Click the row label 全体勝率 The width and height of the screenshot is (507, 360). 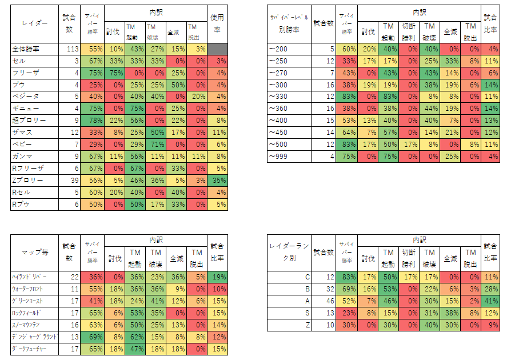coord(26,49)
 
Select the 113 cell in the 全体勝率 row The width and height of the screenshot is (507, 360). coord(73,49)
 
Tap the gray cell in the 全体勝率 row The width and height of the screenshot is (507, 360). coord(217,49)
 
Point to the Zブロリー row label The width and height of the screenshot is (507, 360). coord(27,181)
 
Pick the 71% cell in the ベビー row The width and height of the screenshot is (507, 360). coord(156,145)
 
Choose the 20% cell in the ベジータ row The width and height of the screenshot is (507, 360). coord(197,97)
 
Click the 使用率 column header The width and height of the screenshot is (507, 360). coord(217,23)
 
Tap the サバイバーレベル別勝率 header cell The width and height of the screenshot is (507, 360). coord(289,24)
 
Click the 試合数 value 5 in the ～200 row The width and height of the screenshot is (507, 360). coord(332,49)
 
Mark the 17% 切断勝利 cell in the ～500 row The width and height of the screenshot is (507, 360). coord(409,145)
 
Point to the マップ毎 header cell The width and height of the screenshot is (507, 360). coord(35,253)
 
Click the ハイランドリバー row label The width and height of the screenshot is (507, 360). coord(29,277)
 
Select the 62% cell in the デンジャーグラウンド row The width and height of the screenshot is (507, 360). coord(135,337)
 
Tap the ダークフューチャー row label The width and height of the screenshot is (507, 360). coord(29,349)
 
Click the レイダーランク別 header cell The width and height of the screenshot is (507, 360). coord(289,252)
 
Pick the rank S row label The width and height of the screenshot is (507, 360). coord(307,313)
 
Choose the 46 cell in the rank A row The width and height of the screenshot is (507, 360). coord(330,301)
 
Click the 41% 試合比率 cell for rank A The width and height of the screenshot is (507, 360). coord(490,301)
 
